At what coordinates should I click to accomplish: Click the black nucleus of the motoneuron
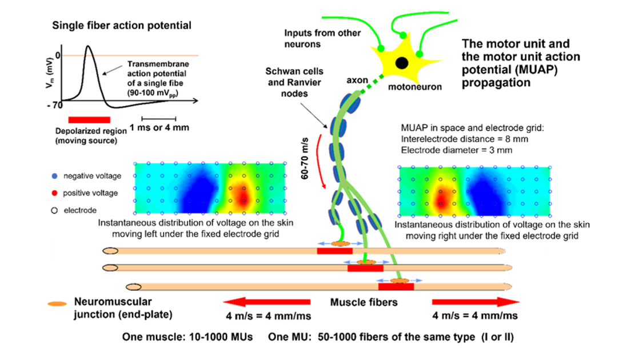pos(402,63)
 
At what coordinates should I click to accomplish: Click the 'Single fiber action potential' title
pos(122,25)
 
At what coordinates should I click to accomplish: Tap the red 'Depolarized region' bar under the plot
pos(89,119)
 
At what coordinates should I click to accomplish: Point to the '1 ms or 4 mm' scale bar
pos(158,119)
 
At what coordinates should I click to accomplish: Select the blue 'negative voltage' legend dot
pos(55,176)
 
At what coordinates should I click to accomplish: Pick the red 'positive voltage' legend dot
pos(55,193)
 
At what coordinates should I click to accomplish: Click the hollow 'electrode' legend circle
pos(54,210)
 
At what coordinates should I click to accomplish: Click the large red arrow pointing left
pos(267,302)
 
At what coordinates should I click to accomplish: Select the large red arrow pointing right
pos(476,302)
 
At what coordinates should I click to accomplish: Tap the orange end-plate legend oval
pos(57,303)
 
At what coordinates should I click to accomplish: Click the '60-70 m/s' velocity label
pos(305,158)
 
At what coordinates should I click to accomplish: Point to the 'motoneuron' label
pos(415,87)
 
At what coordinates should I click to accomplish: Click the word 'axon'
pos(357,80)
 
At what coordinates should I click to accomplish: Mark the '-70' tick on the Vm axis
pos(55,105)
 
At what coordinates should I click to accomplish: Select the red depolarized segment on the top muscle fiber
pos(335,251)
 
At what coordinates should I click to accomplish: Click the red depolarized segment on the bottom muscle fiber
pos(396,286)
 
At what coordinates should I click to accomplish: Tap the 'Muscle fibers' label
pos(364,302)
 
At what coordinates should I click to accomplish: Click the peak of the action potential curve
pos(88,46)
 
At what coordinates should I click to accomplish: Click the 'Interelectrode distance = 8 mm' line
pos(465,139)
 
